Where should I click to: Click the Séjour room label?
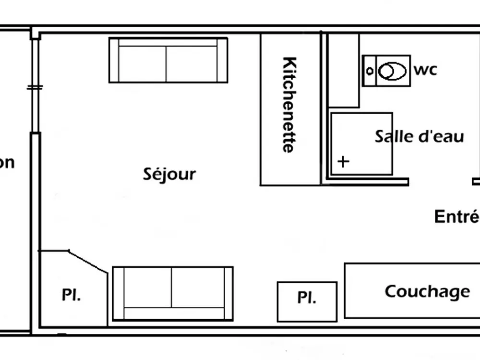[169, 174]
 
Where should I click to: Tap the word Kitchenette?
[289, 105]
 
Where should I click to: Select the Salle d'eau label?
[419, 136]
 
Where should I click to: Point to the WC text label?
[425, 70]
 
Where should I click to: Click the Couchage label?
[427, 291]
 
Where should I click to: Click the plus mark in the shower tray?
[343, 161]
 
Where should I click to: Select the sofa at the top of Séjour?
[168, 60]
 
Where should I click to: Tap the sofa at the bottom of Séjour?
[173, 293]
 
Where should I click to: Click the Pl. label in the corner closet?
[71, 295]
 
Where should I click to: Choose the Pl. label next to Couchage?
[307, 298]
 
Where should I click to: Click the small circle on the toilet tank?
[370, 71]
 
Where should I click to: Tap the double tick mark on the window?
[35, 88]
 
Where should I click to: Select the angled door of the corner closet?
[88, 262]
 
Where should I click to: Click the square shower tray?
[361, 144]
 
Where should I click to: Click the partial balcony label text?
[7, 163]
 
